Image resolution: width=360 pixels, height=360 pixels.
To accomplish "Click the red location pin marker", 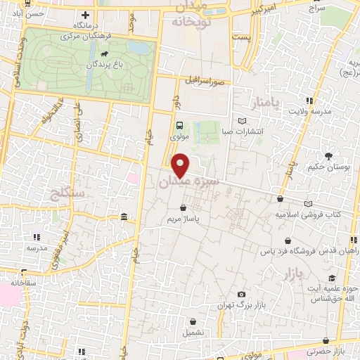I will [x=181, y=165].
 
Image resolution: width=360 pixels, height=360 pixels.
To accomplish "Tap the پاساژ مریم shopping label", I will [x=184, y=219].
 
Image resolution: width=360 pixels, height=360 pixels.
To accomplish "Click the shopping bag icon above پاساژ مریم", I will [x=184, y=209].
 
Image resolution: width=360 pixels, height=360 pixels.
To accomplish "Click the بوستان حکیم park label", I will [x=327, y=167].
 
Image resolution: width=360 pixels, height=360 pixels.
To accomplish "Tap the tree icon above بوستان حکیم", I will [x=328, y=155].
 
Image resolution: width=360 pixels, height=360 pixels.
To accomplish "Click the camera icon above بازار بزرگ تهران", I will [x=242, y=295].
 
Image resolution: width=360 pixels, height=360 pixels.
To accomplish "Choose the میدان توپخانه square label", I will [x=196, y=14].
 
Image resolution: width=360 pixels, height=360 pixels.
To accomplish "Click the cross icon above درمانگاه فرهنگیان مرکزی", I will [x=85, y=15].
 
